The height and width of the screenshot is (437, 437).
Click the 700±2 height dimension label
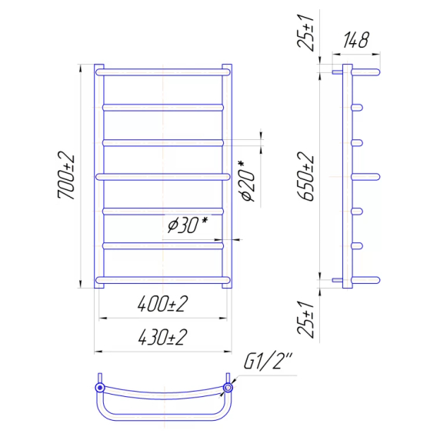pos(66,175)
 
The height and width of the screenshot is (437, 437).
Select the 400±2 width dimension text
pos(163,304)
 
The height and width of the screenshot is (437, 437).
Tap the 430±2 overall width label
pos(163,337)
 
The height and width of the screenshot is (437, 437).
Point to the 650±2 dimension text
pos(305,176)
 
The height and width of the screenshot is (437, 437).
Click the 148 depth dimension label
pos(356,40)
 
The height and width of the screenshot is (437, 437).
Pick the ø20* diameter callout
pos(247,181)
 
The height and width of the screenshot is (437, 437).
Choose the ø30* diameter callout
pos(188,225)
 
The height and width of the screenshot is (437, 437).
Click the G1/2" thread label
pos(268,362)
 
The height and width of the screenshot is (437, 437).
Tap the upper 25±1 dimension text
pos(305,33)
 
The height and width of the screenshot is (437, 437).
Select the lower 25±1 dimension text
pos(305,319)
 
